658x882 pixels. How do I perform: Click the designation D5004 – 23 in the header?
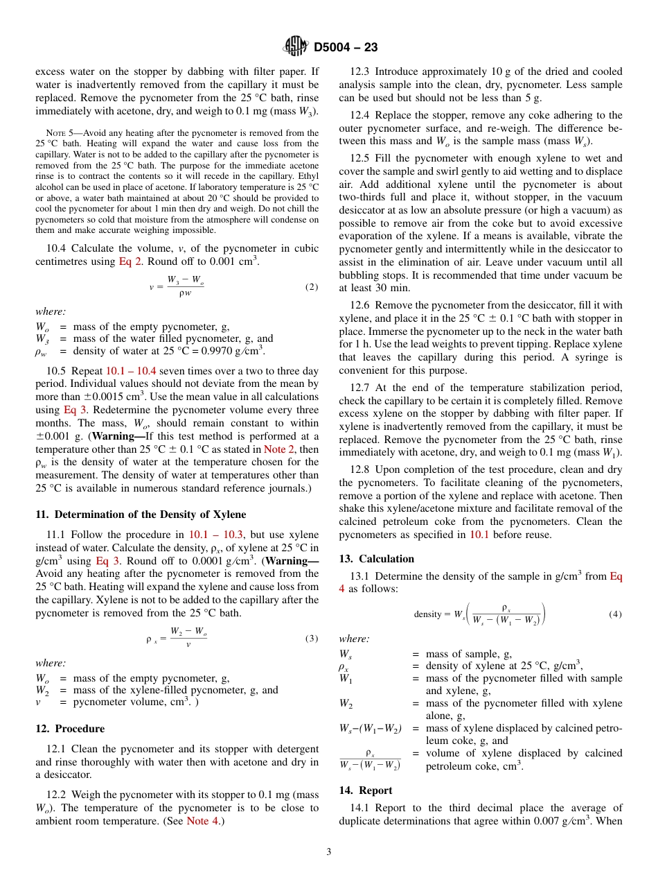pyautogui.click(x=346, y=47)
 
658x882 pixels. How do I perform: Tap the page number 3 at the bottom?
pyautogui.click(x=329, y=851)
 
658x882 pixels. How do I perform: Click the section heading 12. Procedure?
pyautogui.click(x=70, y=729)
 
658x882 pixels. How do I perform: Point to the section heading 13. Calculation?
pyautogui.click(x=376, y=559)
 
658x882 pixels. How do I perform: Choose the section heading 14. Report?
pyautogui.click(x=365, y=790)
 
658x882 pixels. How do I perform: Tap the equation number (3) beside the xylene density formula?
pyautogui.click(x=312, y=639)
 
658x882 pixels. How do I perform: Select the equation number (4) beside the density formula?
pyautogui.click(x=615, y=614)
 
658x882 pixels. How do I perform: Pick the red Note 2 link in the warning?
pyautogui.click(x=278, y=449)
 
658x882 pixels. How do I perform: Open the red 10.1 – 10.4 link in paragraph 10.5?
pyautogui.click(x=131, y=371)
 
